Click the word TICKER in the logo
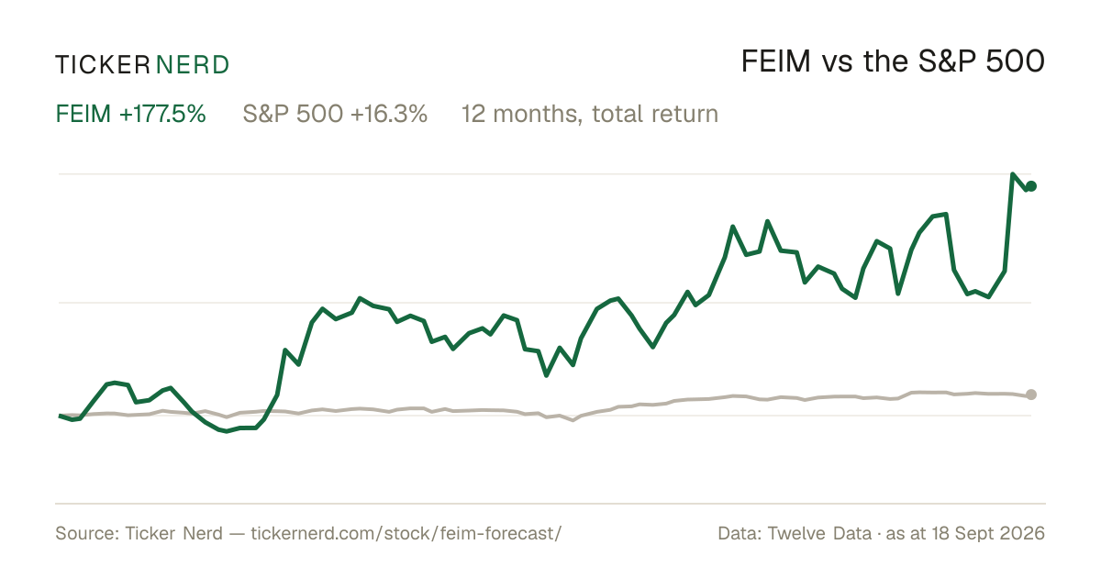pos(102,65)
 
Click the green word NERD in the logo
pos(192,65)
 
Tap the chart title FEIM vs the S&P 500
pos(893,61)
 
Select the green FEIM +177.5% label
pos(130,114)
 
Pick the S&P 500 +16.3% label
pos(335,114)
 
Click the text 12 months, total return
pos(590,114)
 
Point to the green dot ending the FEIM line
pos(1031,186)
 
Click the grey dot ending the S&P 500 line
pos(1031,395)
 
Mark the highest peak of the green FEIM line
pos(1013,174)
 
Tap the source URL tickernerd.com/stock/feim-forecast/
pos(406,533)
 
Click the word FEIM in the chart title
pos(775,61)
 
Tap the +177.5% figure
pos(162,114)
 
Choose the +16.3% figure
pos(389,114)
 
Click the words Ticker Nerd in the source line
pos(173,533)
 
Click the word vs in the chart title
pos(837,64)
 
